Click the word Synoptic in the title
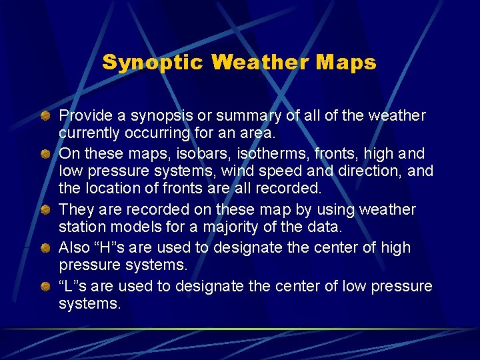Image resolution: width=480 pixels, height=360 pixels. (x=153, y=63)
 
